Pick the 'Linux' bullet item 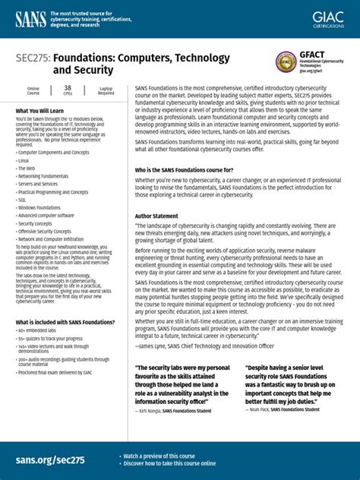click(24, 161)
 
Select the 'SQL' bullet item click(22, 199)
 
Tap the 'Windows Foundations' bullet click(39, 207)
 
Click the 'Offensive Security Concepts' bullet click(44, 231)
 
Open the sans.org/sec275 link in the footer click(49, 460)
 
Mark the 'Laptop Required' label click(106, 90)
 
